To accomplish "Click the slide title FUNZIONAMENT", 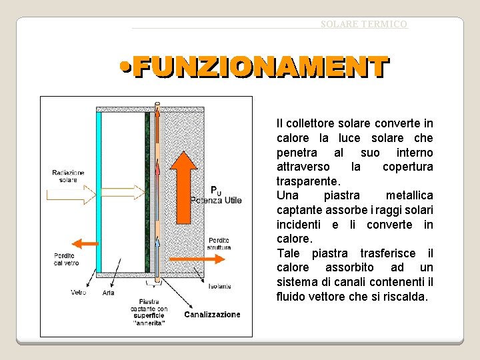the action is pos(260,67).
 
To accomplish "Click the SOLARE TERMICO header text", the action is pos(363,24).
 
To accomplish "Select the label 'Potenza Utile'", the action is pos(216,199).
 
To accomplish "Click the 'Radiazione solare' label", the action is pos(68,176).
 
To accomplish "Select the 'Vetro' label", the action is pos(79,292).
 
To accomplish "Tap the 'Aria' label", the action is pos(109,293).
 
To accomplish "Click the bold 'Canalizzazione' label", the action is pos(212,314).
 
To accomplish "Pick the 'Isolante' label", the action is pos(219,286).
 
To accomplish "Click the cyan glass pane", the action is pos(99,193).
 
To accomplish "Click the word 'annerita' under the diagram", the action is pos(149,323).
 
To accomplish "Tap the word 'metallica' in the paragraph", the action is pos(409,195).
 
